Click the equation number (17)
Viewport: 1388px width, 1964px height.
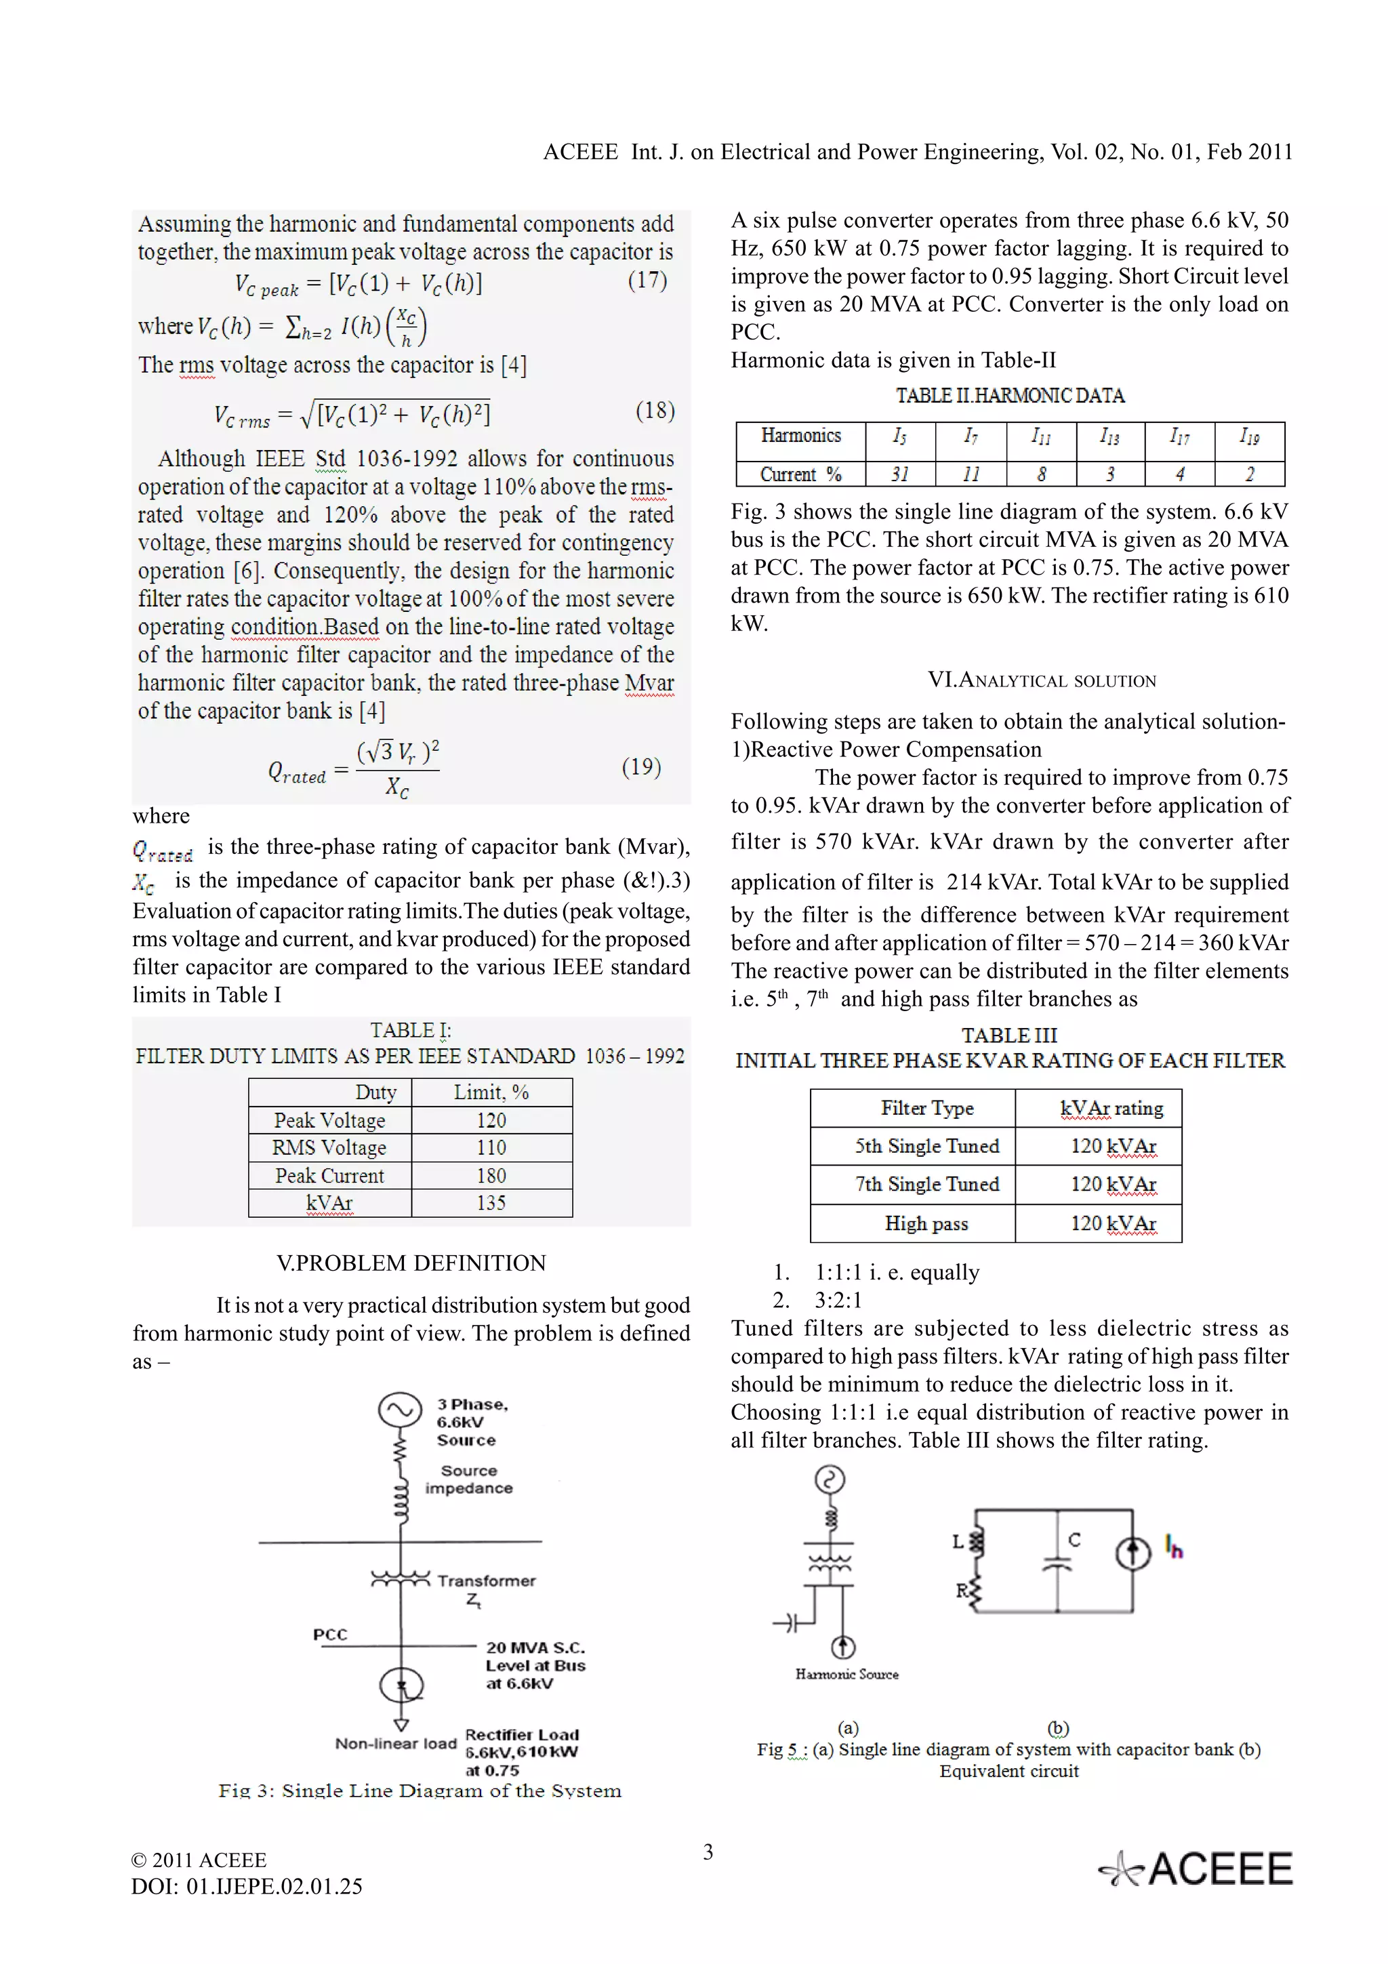647,281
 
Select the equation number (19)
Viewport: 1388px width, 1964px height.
640,766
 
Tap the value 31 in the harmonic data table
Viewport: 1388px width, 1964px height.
899,474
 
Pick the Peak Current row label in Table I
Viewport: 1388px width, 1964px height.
329,1175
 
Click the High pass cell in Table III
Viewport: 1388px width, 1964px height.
926,1224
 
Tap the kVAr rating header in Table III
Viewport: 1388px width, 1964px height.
1111,1109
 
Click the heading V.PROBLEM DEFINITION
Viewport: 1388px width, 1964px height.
411,1263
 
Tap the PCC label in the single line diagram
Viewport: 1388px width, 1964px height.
330,1635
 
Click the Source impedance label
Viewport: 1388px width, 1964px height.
468,1479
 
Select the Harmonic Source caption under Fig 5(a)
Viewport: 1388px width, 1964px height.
846,1674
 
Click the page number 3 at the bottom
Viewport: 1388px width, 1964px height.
708,1853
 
